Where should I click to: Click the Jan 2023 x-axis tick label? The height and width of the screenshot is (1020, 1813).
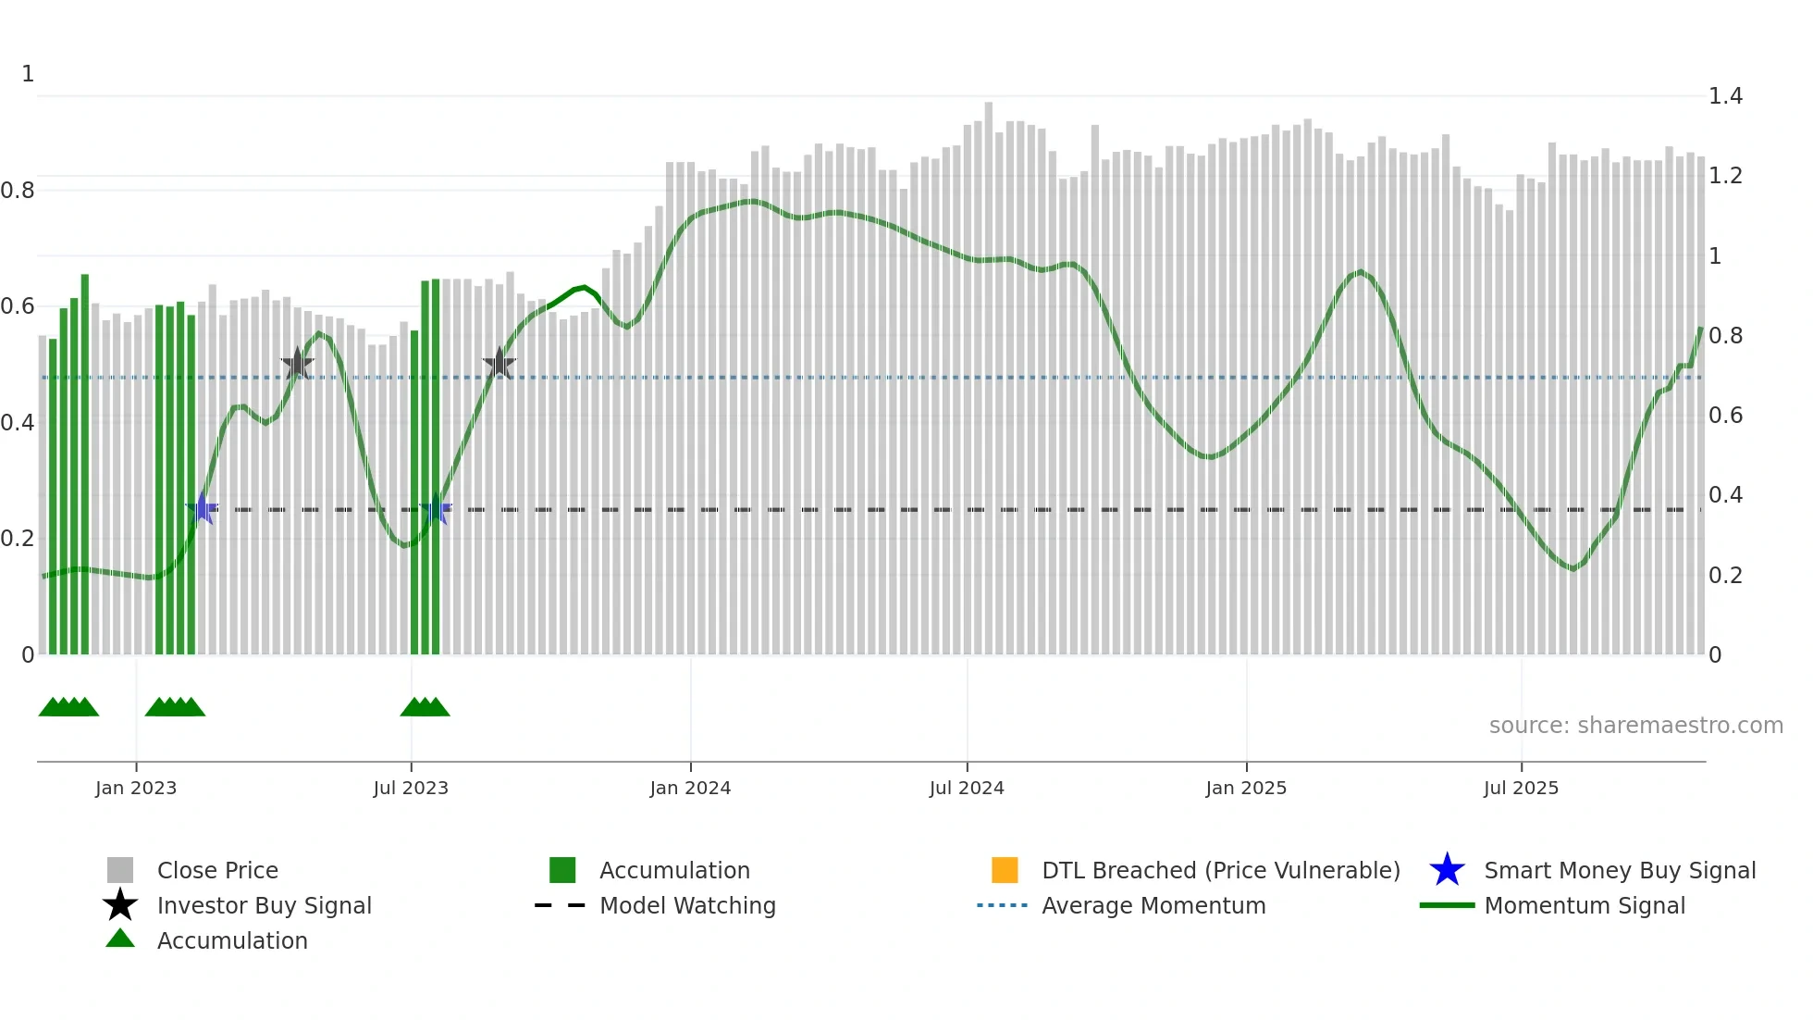[136, 788]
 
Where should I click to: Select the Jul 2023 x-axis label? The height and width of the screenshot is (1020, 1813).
[411, 788]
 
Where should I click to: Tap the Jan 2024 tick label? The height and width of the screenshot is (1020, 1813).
[690, 788]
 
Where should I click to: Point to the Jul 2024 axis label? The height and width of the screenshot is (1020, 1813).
[967, 788]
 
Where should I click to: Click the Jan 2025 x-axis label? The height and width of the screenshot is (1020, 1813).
[1246, 788]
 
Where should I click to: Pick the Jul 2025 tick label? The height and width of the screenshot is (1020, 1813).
[1521, 788]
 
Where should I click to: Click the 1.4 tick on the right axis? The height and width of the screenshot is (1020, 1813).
[1725, 96]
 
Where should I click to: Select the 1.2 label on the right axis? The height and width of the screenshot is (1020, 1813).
[1725, 176]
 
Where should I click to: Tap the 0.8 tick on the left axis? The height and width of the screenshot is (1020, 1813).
[18, 191]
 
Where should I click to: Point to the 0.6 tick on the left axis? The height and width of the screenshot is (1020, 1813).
[18, 306]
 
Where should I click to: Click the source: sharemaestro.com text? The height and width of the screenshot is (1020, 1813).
[1635, 726]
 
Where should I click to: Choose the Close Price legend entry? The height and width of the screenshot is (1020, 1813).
[217, 870]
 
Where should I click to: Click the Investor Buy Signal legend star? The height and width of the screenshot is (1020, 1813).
[120, 905]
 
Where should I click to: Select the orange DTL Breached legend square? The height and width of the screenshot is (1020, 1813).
[1005, 870]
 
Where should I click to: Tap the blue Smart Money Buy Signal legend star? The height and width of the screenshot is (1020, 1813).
[1447, 870]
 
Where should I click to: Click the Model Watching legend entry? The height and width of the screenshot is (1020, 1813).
[687, 905]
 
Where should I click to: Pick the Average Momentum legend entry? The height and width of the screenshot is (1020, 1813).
[1153, 905]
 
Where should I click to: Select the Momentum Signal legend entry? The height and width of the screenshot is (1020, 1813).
[1585, 905]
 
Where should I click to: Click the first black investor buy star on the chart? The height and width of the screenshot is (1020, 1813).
[297, 364]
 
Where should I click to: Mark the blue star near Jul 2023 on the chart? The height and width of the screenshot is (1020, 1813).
[436, 509]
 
